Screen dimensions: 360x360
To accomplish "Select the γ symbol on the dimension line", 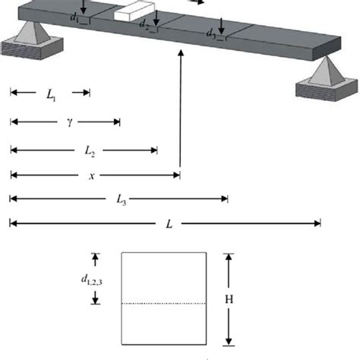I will (69, 122).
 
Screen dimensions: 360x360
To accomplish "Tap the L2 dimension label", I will (90, 150).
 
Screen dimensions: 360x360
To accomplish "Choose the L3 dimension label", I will (121, 200).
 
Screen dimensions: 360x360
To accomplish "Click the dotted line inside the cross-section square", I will (163, 303).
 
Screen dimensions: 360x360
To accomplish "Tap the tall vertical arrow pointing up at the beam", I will (180, 114).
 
